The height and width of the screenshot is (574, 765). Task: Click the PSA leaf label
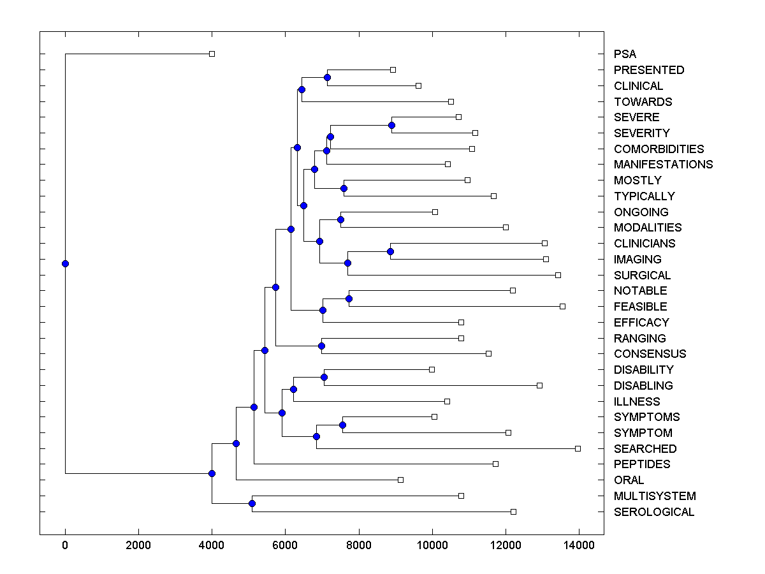(625, 54)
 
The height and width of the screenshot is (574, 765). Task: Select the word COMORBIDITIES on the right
(659, 149)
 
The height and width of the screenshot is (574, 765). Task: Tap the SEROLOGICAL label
(653, 512)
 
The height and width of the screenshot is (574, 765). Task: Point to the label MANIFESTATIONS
(663, 165)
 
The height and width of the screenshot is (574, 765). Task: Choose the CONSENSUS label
(650, 354)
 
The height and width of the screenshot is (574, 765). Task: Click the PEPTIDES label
(642, 464)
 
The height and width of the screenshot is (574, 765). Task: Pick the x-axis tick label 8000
(359, 545)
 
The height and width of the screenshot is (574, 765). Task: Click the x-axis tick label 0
(65, 545)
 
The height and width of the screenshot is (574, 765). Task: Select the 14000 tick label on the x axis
(579, 545)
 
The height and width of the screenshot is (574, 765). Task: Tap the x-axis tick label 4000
(212, 545)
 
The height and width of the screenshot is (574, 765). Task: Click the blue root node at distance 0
(65, 263)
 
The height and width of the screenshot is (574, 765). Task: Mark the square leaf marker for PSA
(212, 54)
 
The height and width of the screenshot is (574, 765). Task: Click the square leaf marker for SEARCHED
(578, 448)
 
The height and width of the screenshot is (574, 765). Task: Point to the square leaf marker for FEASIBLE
(562, 307)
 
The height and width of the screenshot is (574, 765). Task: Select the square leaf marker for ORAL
(400, 480)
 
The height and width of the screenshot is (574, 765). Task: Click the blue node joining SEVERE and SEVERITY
(392, 125)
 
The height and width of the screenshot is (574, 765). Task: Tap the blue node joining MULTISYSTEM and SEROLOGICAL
(252, 504)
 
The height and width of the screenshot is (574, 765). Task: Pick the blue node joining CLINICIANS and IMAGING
(390, 251)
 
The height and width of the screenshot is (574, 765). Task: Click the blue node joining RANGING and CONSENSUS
(321, 346)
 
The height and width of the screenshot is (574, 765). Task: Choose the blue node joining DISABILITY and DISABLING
(324, 378)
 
